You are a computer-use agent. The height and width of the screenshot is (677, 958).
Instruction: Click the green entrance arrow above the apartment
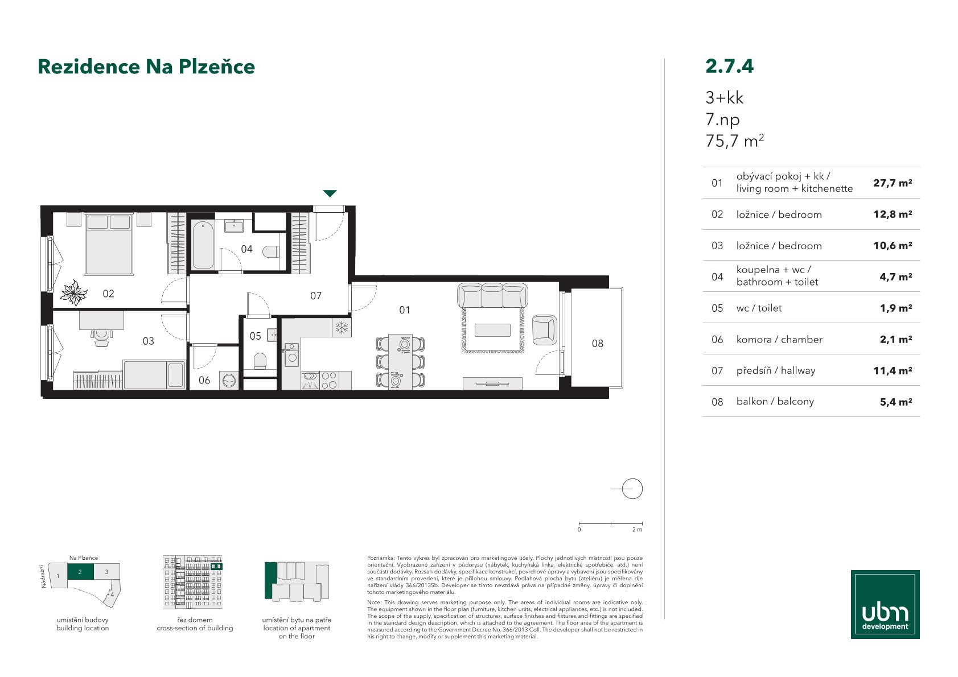tap(330, 193)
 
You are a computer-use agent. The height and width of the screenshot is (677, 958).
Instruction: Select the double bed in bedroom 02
tap(109, 244)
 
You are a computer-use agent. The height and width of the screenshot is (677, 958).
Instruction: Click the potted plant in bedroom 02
tap(74, 293)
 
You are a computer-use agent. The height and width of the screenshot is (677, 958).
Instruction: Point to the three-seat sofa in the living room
tap(493, 295)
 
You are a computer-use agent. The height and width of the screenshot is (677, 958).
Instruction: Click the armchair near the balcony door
tap(544, 330)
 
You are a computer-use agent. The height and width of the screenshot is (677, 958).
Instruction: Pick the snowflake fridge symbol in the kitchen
tap(342, 328)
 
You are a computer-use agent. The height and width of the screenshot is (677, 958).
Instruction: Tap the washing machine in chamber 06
tap(229, 380)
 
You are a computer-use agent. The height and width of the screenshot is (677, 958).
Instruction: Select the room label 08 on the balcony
tap(598, 343)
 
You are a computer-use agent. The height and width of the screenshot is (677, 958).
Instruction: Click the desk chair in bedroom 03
tap(101, 337)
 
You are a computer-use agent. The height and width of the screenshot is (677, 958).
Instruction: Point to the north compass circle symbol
tap(632, 489)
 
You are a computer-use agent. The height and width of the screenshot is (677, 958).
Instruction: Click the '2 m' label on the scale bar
tap(637, 530)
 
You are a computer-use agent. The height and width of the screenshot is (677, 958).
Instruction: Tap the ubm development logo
tap(885, 604)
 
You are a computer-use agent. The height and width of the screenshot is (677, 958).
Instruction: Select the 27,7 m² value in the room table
tap(893, 183)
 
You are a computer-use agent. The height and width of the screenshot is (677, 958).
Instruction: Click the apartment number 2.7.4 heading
tap(729, 66)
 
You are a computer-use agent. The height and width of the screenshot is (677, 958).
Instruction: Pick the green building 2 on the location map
tap(80, 572)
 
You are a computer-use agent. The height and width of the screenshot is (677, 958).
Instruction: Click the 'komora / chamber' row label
tap(779, 340)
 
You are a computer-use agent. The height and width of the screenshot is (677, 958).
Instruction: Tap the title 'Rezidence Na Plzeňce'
tap(146, 67)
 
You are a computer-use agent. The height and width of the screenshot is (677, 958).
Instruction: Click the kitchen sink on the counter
tap(291, 353)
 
